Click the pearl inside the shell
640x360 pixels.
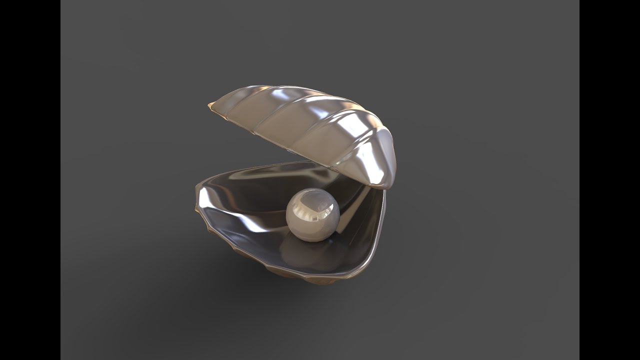click(313, 215)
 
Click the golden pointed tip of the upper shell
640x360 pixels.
click(210, 105)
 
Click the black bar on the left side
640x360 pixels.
click(30, 180)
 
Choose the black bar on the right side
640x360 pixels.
click(609, 180)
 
